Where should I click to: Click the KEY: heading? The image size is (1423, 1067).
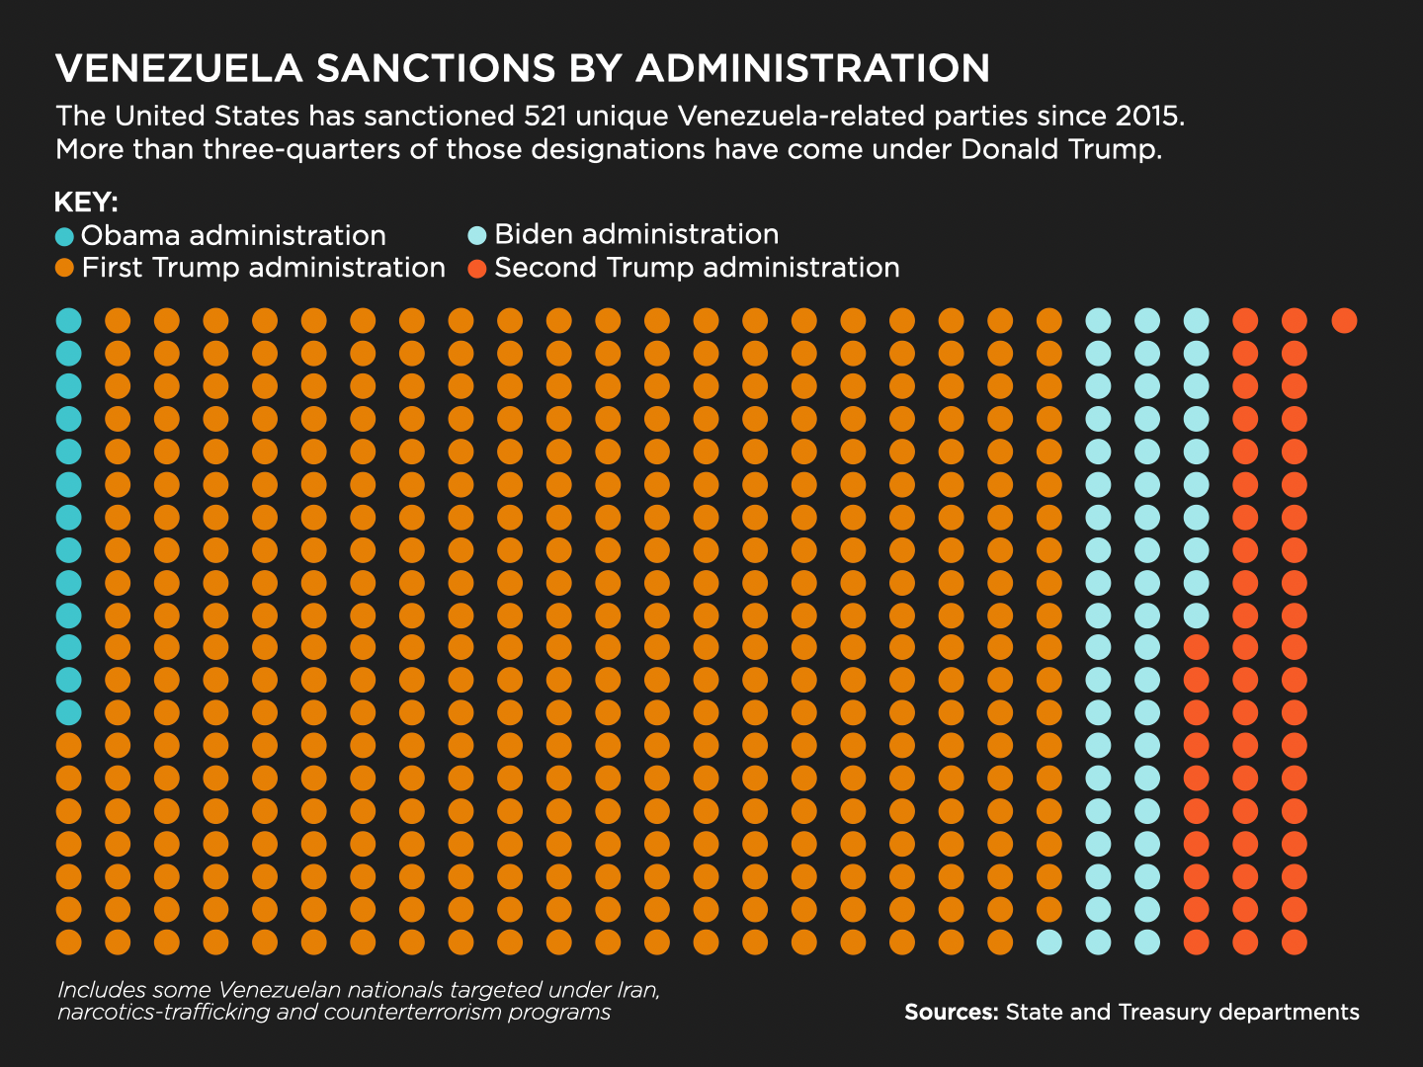point(86,204)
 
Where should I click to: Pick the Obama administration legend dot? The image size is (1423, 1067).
point(65,237)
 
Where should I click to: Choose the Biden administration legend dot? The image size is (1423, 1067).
point(477,235)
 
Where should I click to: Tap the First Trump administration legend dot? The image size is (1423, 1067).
point(65,269)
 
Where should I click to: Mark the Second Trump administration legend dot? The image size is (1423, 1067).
point(477,269)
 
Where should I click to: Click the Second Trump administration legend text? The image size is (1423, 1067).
point(697,268)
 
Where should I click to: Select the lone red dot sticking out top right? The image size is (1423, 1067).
point(1344,320)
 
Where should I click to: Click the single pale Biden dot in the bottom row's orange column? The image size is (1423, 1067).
point(1048,943)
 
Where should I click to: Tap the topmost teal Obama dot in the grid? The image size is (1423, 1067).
point(68,320)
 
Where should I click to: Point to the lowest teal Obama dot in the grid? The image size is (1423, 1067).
point(68,712)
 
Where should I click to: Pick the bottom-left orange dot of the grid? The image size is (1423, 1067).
point(68,943)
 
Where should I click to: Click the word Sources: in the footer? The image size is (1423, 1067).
point(951,1012)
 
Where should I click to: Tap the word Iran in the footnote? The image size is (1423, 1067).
point(636,989)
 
